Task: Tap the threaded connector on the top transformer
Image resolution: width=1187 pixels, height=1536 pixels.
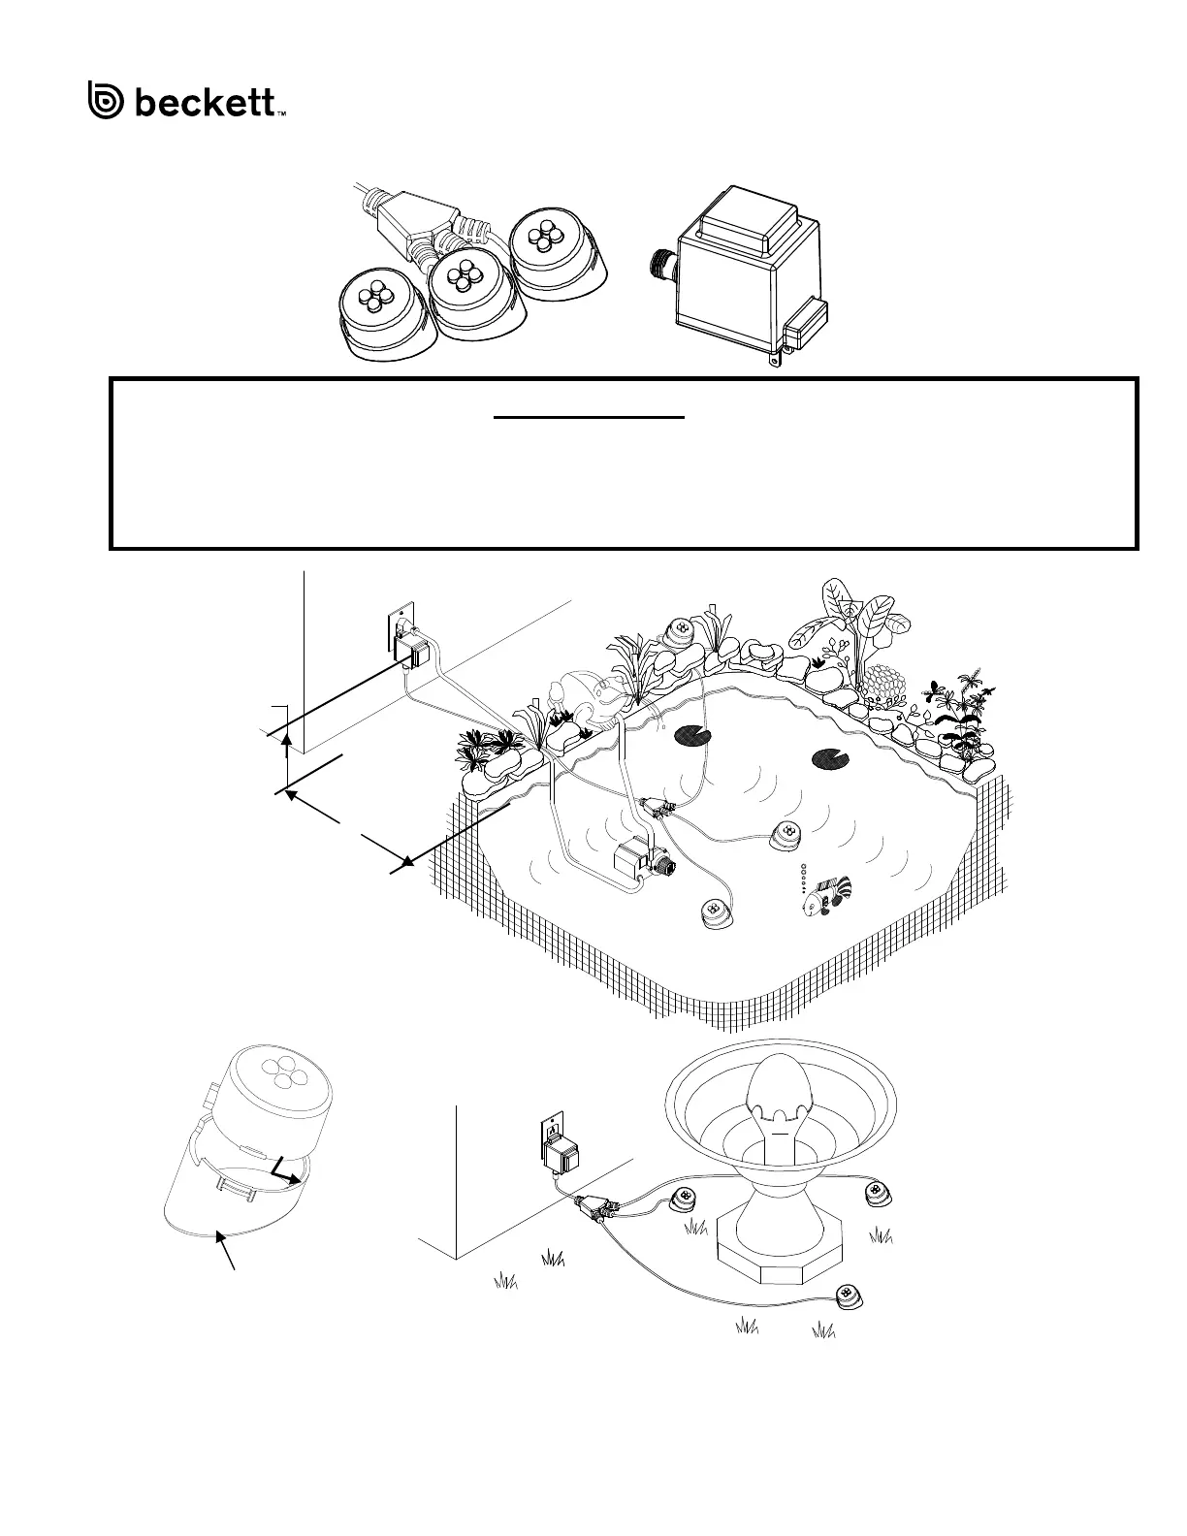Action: [x=661, y=269]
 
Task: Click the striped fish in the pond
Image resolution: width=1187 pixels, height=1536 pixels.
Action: [x=823, y=894]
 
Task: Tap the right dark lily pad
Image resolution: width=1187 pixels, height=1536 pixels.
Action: [x=824, y=758]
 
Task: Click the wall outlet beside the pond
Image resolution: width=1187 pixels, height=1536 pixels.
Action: [x=398, y=625]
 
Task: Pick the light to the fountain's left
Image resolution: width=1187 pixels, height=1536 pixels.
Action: [x=685, y=1198]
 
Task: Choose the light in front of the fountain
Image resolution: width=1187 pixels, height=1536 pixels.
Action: [x=850, y=1295]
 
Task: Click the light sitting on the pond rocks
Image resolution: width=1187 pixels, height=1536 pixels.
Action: [x=682, y=630]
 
